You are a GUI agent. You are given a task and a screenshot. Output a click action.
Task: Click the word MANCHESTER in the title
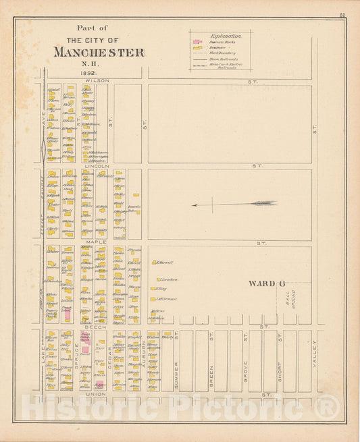99,53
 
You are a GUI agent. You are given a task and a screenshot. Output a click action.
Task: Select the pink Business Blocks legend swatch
197,40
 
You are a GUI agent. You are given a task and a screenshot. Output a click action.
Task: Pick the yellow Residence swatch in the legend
197,47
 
